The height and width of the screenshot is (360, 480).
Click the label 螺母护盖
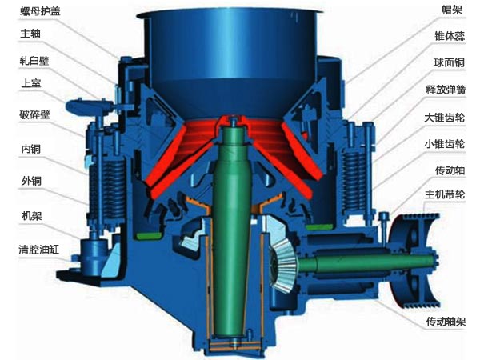click(x=40, y=11)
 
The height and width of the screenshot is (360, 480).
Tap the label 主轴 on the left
click(x=30, y=34)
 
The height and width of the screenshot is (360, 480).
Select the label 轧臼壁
click(x=34, y=61)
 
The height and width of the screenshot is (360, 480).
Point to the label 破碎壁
click(x=34, y=114)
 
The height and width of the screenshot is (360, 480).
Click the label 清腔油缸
click(x=39, y=250)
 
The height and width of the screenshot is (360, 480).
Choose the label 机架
click(x=32, y=216)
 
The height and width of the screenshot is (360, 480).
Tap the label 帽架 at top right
click(x=452, y=10)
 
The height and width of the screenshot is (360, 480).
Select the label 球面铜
click(x=449, y=62)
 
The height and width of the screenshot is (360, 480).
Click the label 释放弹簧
click(x=446, y=90)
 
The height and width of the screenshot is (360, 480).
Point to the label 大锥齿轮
click(x=445, y=118)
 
